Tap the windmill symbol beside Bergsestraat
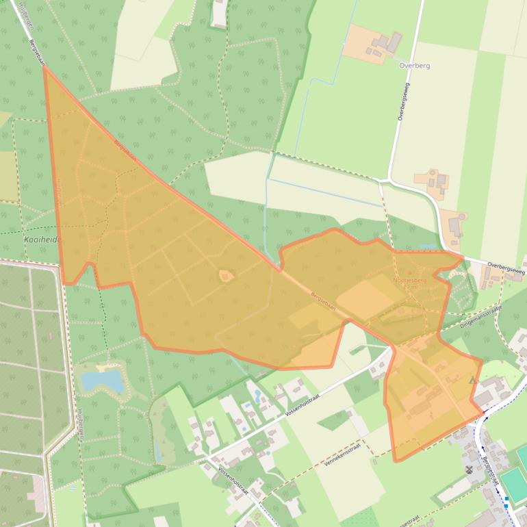[x=469, y=470]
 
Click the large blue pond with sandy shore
[x=103, y=378]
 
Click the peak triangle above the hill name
[x=411, y=274]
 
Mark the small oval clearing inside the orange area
[x=225, y=276]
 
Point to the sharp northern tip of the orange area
[x=45, y=68]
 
